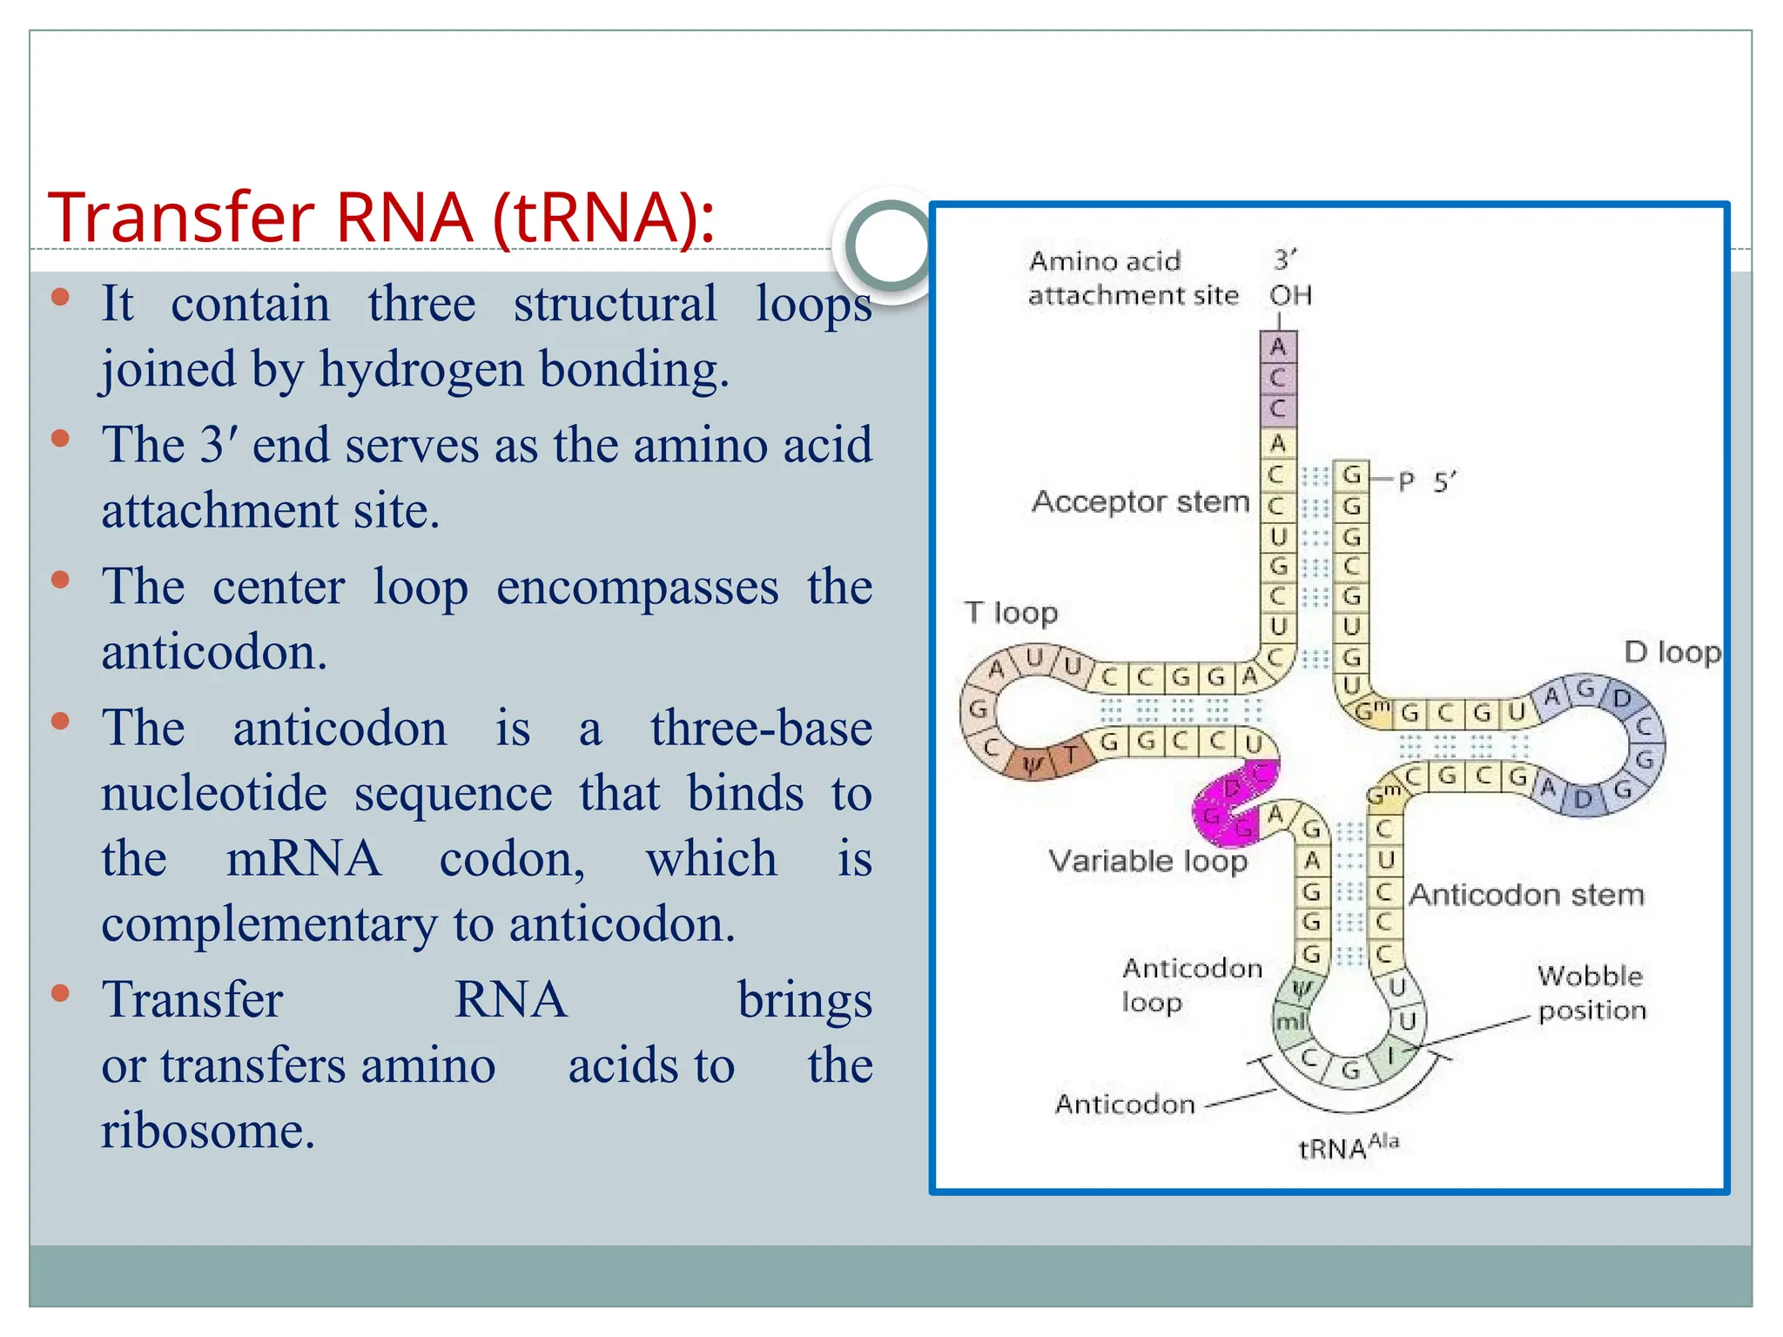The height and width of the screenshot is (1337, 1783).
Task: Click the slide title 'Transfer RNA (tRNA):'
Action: point(380,218)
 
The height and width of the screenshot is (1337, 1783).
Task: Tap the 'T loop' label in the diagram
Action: point(1011,613)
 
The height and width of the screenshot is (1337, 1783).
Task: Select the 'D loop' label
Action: point(1672,652)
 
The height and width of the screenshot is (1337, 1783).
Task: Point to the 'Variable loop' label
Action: point(1147,861)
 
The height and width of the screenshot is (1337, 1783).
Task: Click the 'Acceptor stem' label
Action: point(1140,501)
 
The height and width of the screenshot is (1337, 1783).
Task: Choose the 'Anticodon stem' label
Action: point(1527,895)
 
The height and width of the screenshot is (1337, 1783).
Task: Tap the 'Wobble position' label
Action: point(1591,993)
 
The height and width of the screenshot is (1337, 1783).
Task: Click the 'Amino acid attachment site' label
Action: point(1132,278)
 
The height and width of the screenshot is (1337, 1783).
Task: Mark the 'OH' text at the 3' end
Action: point(1290,296)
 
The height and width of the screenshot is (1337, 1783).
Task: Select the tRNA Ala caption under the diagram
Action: point(1348,1147)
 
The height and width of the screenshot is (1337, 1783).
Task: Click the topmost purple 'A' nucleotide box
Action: point(1278,346)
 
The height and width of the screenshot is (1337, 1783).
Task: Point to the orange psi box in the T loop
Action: point(1033,764)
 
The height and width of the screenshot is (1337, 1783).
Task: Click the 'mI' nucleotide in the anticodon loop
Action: point(1290,1021)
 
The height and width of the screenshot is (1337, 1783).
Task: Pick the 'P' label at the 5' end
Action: point(1406,481)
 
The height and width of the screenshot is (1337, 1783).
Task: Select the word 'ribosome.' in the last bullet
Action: point(208,1131)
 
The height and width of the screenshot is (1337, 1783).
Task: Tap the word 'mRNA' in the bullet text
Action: point(303,858)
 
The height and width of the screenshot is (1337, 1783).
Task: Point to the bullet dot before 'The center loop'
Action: point(60,580)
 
